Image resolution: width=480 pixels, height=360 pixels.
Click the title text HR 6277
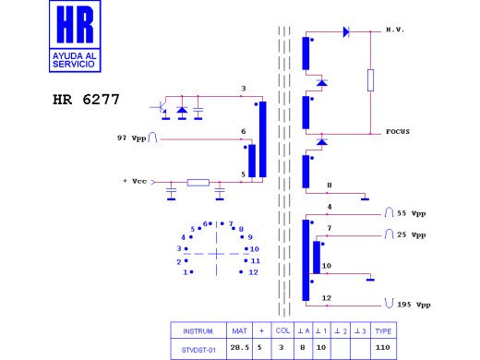85,97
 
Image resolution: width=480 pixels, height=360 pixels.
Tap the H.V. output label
396,30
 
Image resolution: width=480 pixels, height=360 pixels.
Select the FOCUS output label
399,132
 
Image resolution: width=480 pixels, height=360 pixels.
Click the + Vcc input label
137,181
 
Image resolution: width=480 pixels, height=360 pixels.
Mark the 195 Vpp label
411,304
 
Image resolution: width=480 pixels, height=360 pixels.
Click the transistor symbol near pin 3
164,109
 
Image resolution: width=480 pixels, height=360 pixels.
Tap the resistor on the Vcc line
198,183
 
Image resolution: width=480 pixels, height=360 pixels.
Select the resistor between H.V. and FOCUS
370,80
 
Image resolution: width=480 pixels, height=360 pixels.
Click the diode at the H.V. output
346,31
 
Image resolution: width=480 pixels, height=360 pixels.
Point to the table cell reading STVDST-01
198,347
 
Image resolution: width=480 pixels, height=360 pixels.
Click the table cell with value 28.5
240,347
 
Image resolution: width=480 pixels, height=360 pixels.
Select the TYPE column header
383,330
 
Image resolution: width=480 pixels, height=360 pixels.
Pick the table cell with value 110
383,347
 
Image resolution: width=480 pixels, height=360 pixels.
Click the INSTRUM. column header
198,330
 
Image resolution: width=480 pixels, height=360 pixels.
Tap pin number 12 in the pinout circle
253,272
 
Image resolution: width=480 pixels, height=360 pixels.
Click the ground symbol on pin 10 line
369,277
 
